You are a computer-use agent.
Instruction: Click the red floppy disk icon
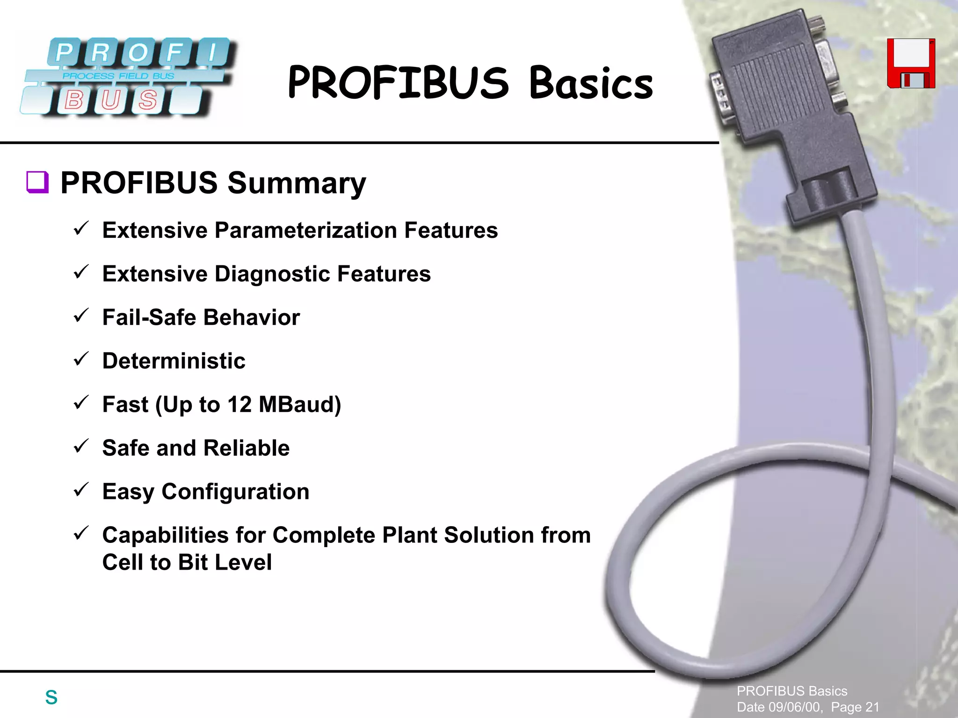pyautogui.click(x=911, y=64)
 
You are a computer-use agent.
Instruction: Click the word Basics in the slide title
pyautogui.click(x=591, y=83)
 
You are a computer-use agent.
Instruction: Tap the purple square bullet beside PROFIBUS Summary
pyautogui.click(x=37, y=182)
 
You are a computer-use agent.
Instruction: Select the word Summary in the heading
pyautogui.click(x=297, y=183)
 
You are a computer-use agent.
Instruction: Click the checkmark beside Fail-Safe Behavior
pyautogui.click(x=81, y=316)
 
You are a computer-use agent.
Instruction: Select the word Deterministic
pyautogui.click(x=174, y=361)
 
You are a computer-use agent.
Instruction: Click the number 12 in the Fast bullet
pyautogui.click(x=239, y=404)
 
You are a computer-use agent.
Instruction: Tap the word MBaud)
pyautogui.click(x=300, y=404)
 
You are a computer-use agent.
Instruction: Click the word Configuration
pyautogui.click(x=235, y=491)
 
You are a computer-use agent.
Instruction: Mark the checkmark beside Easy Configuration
pyautogui.click(x=81, y=490)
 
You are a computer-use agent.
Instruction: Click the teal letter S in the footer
pyautogui.click(x=51, y=697)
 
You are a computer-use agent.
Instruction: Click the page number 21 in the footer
pyautogui.click(x=872, y=707)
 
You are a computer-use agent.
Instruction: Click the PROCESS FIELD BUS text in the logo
pyautogui.click(x=118, y=76)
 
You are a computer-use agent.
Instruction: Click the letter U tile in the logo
pyautogui.click(x=111, y=100)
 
